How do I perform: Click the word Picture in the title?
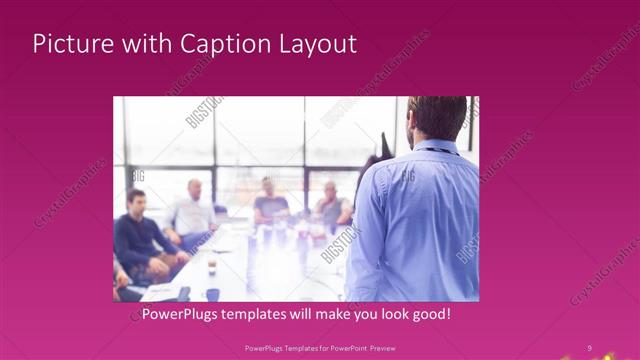(73, 45)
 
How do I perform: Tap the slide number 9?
(589, 347)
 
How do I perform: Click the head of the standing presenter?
(435, 118)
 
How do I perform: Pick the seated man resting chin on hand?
(332, 205)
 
